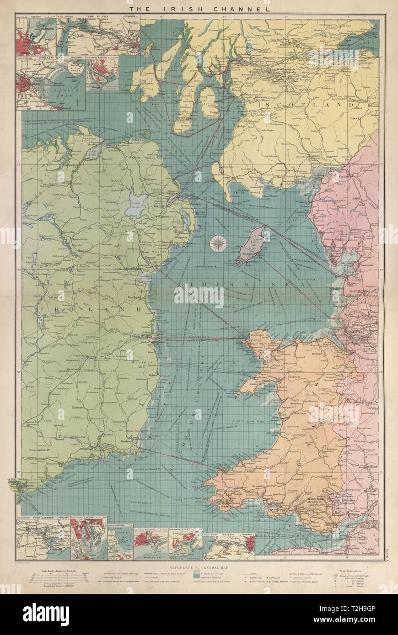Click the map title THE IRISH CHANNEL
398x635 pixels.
click(199, 9)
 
